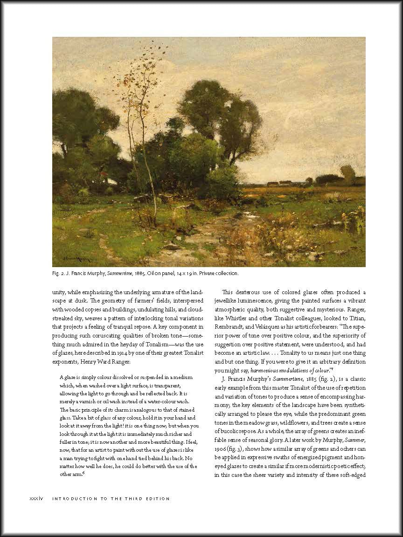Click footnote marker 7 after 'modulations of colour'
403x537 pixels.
pyautogui.click(x=332, y=370)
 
